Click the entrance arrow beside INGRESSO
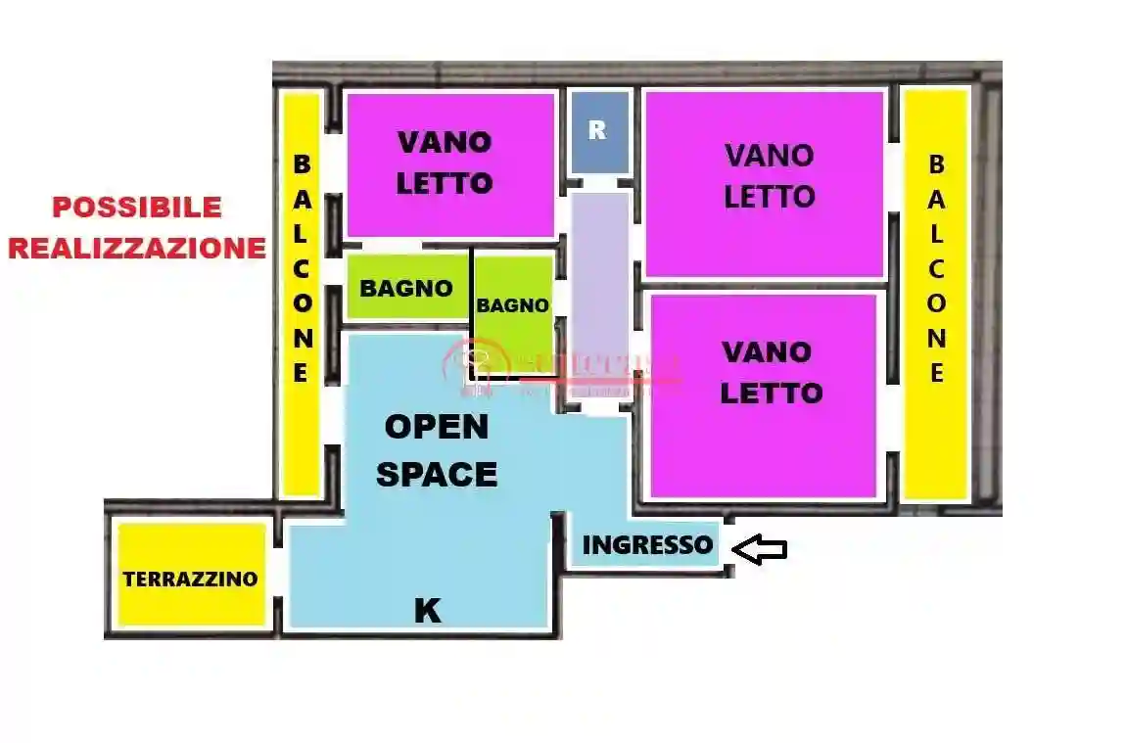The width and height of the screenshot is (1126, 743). point(760,549)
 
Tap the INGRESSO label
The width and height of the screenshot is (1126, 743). point(647,545)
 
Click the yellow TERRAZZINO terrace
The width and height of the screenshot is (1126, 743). point(191,578)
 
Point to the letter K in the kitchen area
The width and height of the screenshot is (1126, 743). point(427,611)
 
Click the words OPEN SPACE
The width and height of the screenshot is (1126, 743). point(437,450)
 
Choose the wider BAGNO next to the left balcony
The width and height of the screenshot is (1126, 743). point(406,288)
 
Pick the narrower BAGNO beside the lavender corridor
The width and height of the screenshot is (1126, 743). point(512,305)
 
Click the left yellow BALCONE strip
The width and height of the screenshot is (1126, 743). point(302,294)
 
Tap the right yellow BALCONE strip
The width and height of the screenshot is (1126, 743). point(936,294)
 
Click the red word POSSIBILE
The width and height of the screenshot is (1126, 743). point(136,208)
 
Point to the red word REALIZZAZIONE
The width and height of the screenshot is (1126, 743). point(136,248)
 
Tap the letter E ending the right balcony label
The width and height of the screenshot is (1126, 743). point(937,373)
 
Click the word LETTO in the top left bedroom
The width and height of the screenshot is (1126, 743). point(445,183)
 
